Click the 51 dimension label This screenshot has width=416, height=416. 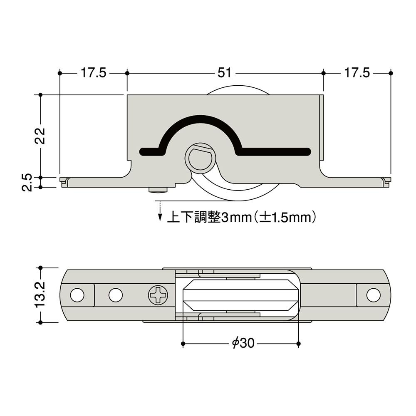225,73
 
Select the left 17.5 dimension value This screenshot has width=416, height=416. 93,73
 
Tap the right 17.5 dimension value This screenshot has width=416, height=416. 357,73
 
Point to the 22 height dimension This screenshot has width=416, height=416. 40,136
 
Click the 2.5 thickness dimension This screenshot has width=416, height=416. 27,182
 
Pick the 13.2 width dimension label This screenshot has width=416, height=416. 40,295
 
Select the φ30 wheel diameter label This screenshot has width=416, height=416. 243,343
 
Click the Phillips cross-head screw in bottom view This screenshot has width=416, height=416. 158,295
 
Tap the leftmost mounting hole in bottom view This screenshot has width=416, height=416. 77,295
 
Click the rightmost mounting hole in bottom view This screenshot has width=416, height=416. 373,295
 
